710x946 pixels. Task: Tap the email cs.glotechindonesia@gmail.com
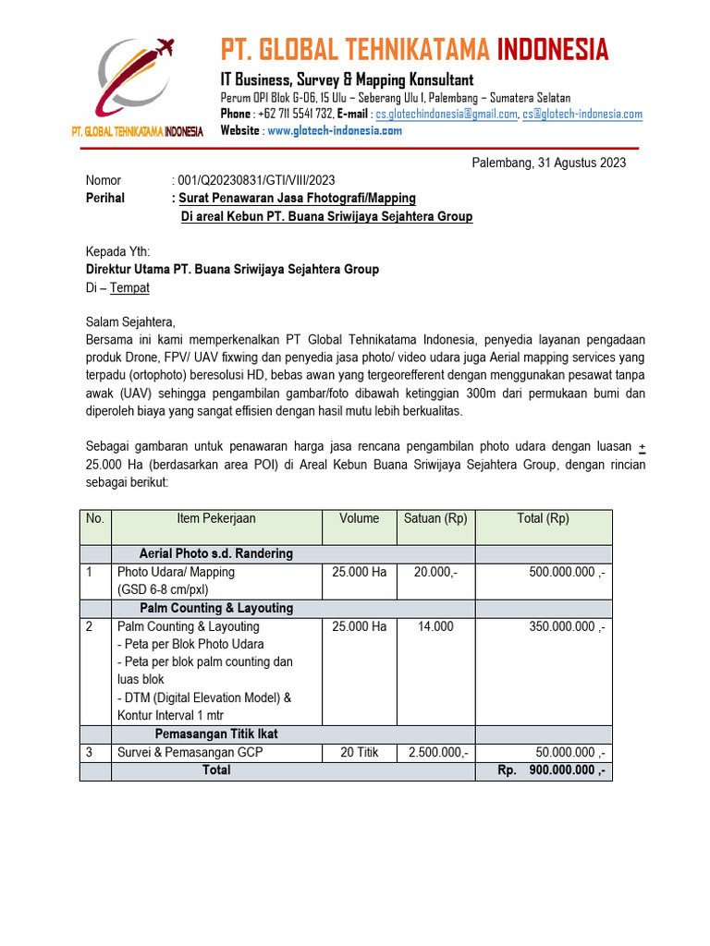pyautogui.click(x=446, y=115)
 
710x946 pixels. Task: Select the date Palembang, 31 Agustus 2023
pyautogui.click(x=548, y=163)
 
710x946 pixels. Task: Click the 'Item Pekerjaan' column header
pyautogui.click(x=216, y=519)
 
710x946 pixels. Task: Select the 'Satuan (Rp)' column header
pyautogui.click(x=435, y=519)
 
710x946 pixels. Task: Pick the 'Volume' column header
pyautogui.click(x=359, y=519)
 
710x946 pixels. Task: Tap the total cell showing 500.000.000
pyautogui.click(x=566, y=573)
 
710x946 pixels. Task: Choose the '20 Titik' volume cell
pyautogui.click(x=359, y=753)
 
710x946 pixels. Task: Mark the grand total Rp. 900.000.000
pyautogui.click(x=551, y=770)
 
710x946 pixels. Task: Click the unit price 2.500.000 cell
pyautogui.click(x=435, y=753)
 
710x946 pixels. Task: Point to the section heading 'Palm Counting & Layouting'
pyautogui.click(x=216, y=609)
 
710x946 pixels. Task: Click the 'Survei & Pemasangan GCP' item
pyautogui.click(x=190, y=753)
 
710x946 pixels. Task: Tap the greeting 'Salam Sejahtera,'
pyautogui.click(x=129, y=321)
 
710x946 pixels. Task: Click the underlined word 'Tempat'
pyautogui.click(x=129, y=288)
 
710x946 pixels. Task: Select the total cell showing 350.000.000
pyautogui.click(x=566, y=626)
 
